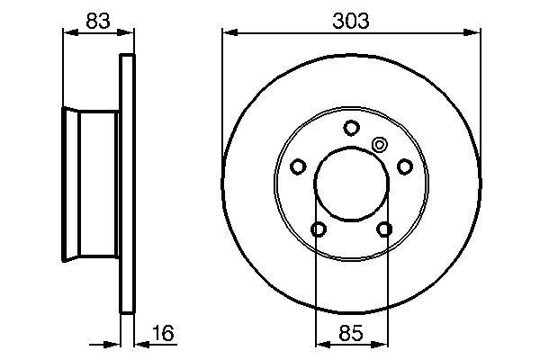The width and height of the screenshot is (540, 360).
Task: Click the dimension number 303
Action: click(x=351, y=20)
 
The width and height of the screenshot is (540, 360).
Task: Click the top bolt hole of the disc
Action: click(x=352, y=127)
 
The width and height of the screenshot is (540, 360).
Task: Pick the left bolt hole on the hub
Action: click(x=298, y=166)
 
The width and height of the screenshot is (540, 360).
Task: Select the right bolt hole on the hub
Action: click(x=405, y=166)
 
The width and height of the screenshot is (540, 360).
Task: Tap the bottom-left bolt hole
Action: click(x=318, y=230)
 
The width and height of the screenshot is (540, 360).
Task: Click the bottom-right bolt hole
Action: click(x=385, y=230)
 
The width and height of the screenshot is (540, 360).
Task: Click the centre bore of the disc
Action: click(x=352, y=184)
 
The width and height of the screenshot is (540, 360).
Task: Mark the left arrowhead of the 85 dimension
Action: click(x=321, y=341)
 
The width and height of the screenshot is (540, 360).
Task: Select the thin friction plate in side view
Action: click(x=127, y=184)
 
